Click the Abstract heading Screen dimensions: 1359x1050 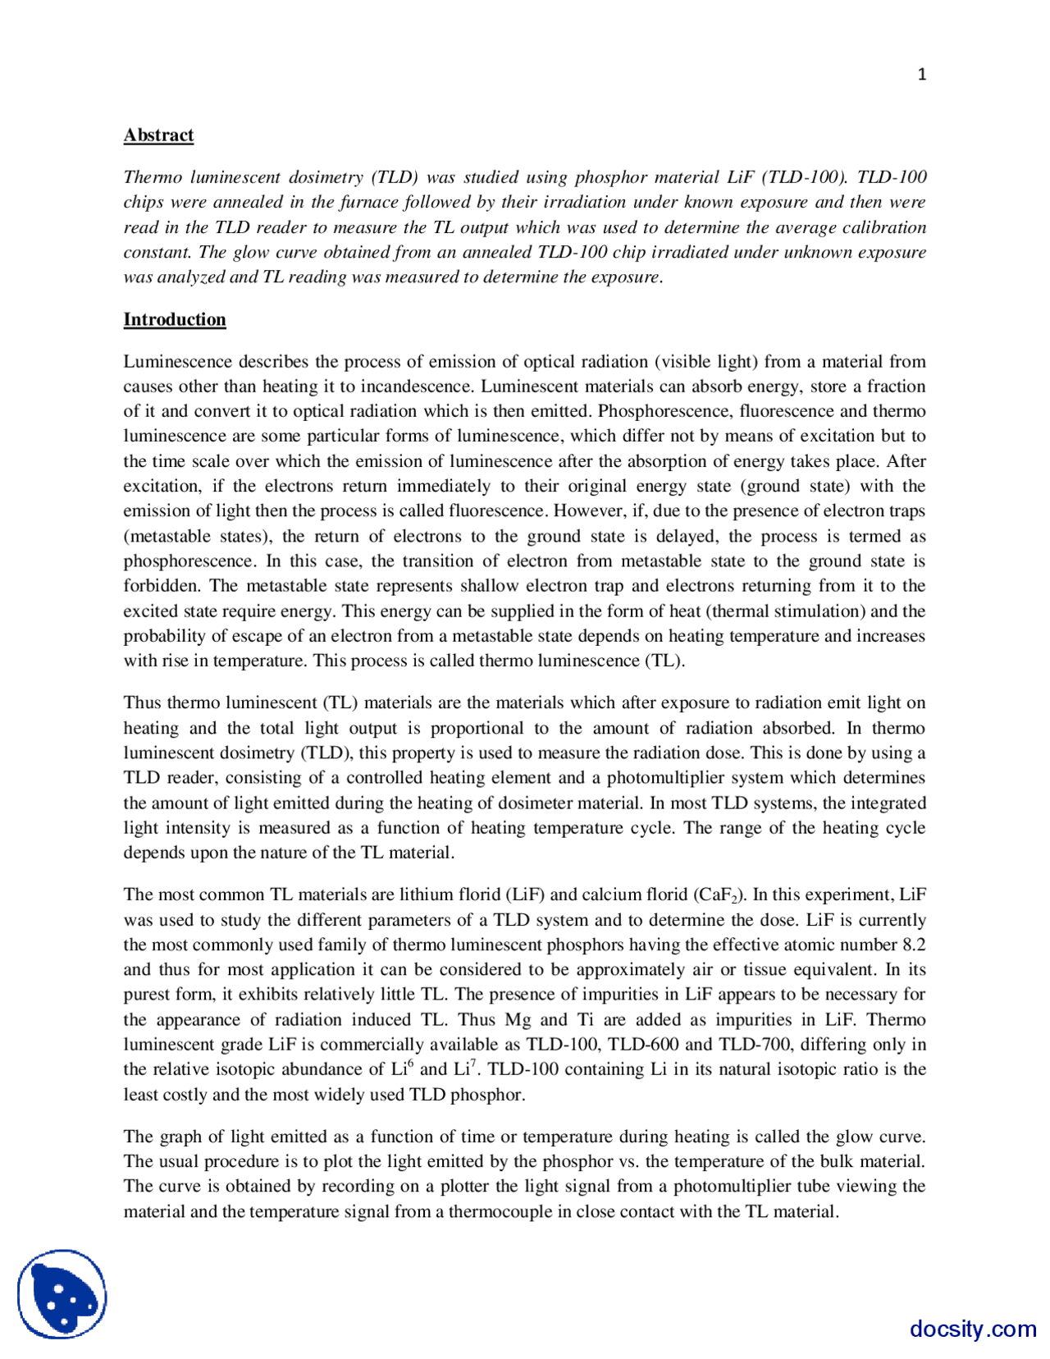click(x=158, y=135)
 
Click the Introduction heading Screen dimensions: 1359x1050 click(x=175, y=320)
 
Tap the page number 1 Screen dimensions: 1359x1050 click(x=921, y=75)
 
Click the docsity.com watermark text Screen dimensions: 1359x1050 click(x=972, y=1328)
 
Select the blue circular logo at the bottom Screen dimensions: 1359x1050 click(x=62, y=1294)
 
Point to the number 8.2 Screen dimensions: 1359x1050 click(x=913, y=945)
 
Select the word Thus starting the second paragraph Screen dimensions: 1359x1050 click(x=142, y=703)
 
